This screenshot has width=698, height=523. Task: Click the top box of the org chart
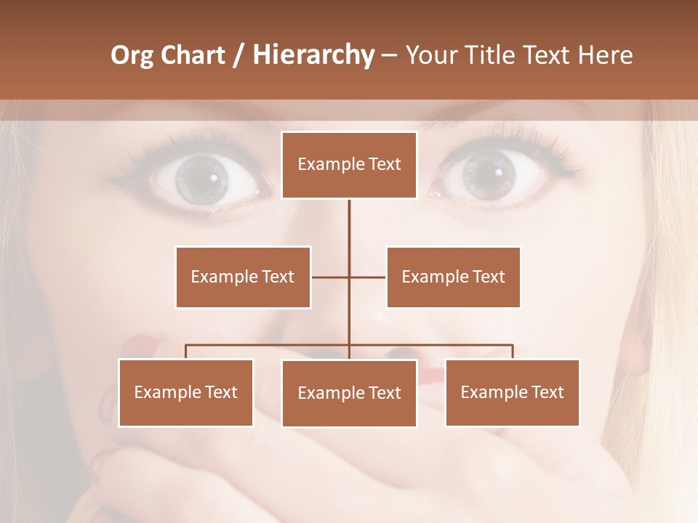tap(349, 165)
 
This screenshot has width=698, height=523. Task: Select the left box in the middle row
tap(243, 277)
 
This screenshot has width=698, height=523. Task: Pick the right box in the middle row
tap(453, 277)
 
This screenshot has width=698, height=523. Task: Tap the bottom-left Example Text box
tap(185, 392)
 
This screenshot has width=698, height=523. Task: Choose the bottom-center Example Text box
tap(349, 393)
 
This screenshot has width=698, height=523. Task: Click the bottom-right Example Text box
tap(512, 392)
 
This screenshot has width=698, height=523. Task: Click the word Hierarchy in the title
tap(313, 55)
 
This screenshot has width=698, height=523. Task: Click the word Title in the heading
tap(492, 55)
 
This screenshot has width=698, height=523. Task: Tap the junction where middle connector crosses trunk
tap(349, 277)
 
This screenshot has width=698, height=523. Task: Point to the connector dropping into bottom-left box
tap(185, 352)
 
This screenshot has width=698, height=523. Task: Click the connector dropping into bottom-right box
tap(513, 352)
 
